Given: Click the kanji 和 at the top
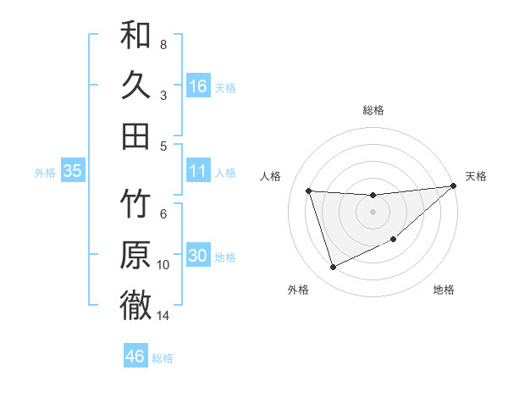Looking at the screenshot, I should (x=135, y=36).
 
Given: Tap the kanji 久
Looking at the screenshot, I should (x=135, y=86).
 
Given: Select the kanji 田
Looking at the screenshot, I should (x=135, y=135).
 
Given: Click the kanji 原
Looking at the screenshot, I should (x=135, y=255).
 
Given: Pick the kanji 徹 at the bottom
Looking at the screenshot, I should (x=135, y=305).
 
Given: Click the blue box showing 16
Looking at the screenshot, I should (x=198, y=86).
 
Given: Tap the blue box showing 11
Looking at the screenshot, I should (x=198, y=171).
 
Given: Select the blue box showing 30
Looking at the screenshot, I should (x=198, y=256).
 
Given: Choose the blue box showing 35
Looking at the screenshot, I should (x=72, y=171).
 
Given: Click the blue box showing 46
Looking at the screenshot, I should (x=135, y=357).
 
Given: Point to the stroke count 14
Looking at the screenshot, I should (x=163, y=316).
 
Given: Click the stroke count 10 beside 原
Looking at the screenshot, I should (x=163, y=265).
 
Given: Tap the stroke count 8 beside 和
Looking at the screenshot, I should (x=163, y=44).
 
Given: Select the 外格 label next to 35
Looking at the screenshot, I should (x=45, y=173).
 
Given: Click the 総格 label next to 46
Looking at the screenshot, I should (x=163, y=358).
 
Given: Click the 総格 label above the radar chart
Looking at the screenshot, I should (x=373, y=110).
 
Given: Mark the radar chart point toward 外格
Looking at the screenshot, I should (x=333, y=268).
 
